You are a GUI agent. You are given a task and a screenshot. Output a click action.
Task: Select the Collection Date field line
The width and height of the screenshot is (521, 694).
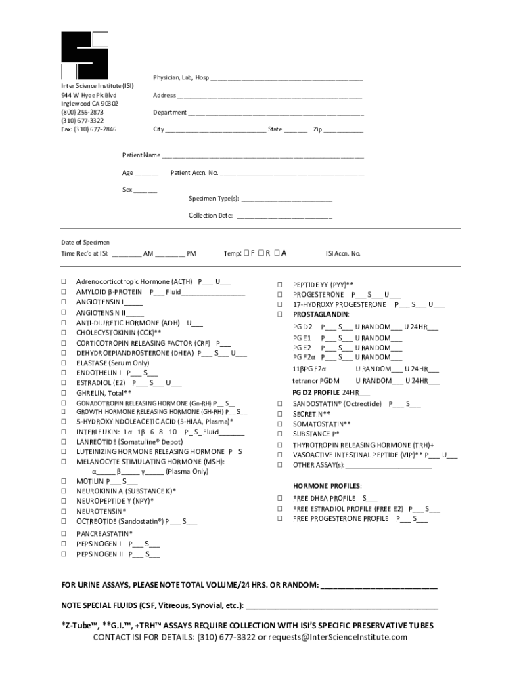[284, 217]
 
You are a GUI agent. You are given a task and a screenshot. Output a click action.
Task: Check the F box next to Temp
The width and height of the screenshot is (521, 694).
[247, 253]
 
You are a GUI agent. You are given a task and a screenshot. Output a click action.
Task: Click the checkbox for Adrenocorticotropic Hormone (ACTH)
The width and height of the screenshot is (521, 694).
[63, 281]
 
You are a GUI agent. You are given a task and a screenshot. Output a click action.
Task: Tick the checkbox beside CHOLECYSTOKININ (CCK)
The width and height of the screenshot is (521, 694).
[63, 333]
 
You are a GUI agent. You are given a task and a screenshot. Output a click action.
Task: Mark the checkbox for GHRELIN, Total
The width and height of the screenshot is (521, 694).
[63, 392]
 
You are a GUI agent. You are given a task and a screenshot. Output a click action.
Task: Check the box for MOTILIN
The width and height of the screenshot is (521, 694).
[63, 482]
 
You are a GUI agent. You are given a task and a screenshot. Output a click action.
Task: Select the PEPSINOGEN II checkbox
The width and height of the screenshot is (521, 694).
[63, 554]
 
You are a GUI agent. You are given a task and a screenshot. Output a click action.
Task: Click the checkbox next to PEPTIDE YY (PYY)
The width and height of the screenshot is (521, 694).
[279, 285]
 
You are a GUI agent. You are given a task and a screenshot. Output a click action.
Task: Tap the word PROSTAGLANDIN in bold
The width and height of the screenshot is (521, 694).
[321, 314]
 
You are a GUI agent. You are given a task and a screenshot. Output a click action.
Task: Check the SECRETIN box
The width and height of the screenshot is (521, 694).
[279, 413]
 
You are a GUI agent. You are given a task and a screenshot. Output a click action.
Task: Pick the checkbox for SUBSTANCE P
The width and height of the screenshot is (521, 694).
[279, 434]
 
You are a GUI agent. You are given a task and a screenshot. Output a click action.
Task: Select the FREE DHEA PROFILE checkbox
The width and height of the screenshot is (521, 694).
[279, 498]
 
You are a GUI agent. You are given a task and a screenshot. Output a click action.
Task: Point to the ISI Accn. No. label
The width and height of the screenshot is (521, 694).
[343, 254]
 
